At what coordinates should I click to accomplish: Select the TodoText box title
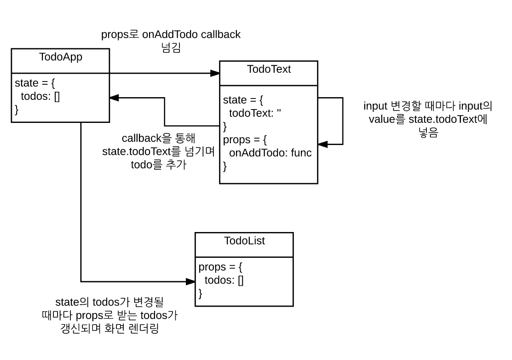(269, 69)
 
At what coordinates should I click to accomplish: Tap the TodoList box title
(244, 240)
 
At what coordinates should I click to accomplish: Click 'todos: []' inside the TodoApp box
(40, 96)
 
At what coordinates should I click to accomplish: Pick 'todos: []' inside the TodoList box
(224, 280)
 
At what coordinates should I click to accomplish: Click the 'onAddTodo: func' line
(270, 152)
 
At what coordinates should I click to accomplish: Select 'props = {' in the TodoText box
(245, 139)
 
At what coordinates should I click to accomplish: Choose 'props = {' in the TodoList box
(220, 267)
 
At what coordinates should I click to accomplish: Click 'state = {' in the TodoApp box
(35, 83)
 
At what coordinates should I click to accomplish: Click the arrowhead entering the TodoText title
(215, 73)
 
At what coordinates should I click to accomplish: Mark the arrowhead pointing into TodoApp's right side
(115, 98)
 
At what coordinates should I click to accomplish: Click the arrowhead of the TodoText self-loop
(322, 144)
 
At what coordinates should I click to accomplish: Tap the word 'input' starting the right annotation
(375, 106)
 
